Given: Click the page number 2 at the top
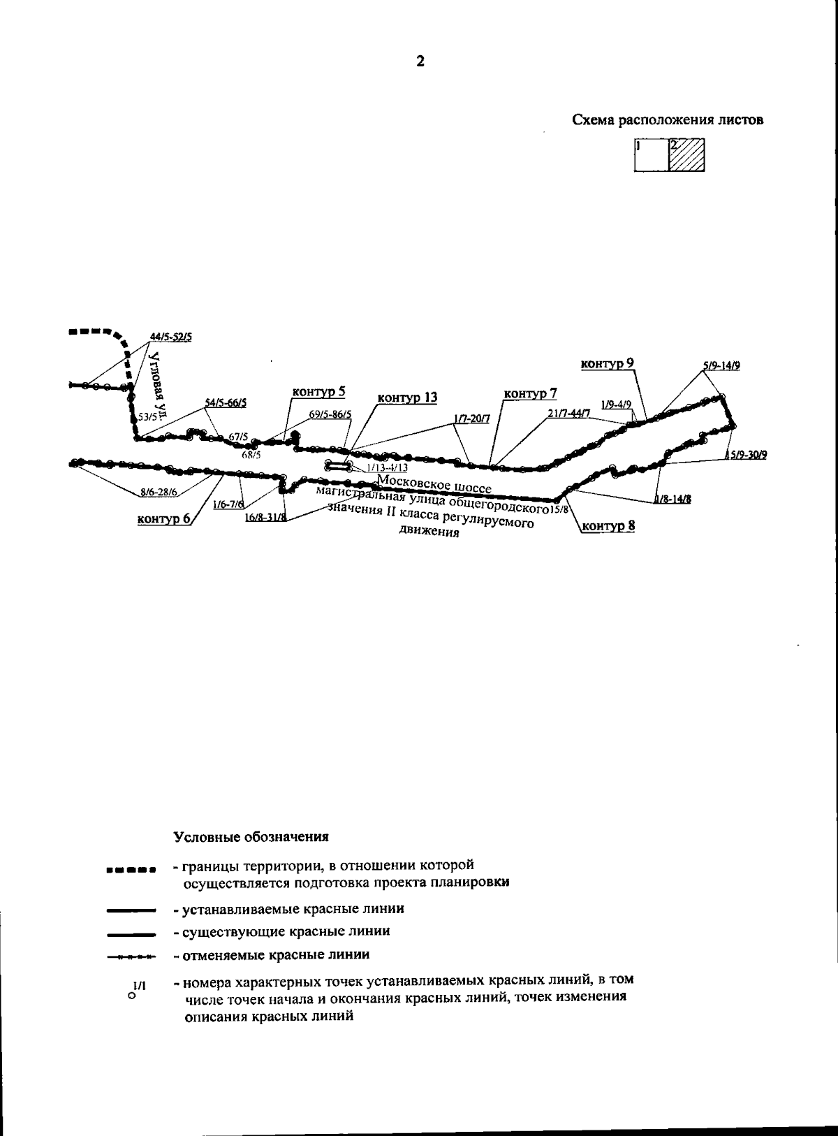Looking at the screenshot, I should [420, 61].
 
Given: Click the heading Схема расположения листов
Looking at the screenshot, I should [668, 120].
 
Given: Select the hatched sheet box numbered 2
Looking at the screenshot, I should [686, 155].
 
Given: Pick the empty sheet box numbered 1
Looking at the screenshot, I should [652, 155].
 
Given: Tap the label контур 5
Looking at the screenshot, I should [318, 392].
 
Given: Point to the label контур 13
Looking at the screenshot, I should [407, 398].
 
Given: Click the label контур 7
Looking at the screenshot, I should [530, 394].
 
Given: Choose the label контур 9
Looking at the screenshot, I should [608, 363].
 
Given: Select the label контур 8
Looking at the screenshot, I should [608, 525].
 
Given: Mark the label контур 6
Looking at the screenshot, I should [163, 518].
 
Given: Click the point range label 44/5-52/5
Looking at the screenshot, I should [171, 337].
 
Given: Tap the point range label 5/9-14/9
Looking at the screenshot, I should [722, 365].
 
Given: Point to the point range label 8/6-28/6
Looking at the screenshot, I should [159, 492].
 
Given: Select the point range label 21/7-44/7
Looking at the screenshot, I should [569, 414].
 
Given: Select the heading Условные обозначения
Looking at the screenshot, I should [251, 836].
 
